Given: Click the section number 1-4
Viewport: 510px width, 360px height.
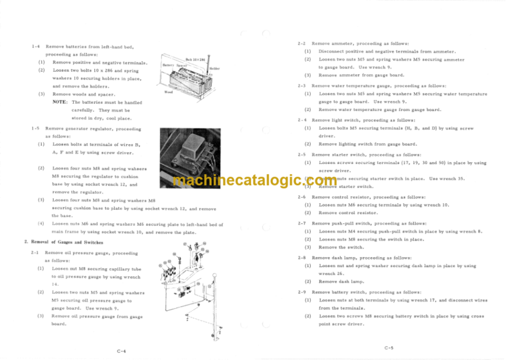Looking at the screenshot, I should pyautogui.click(x=35, y=46).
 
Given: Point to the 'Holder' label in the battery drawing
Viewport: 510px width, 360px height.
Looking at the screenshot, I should pyautogui.click(x=214, y=67).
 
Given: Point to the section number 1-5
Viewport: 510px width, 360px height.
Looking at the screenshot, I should pyautogui.click(x=35, y=128).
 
